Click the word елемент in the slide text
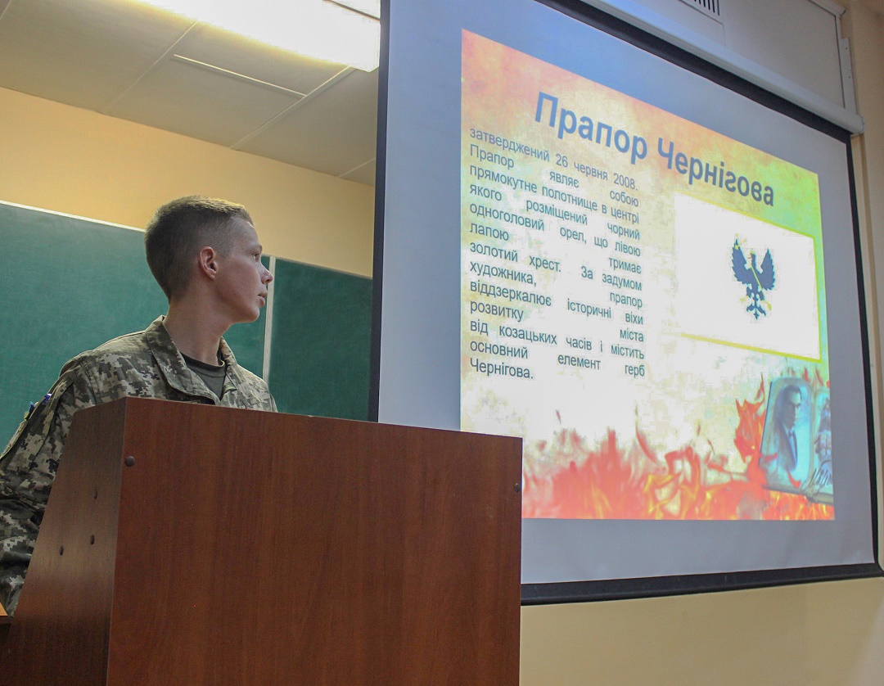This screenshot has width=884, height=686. (579, 361)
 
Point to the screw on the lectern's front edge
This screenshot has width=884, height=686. (129, 462)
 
